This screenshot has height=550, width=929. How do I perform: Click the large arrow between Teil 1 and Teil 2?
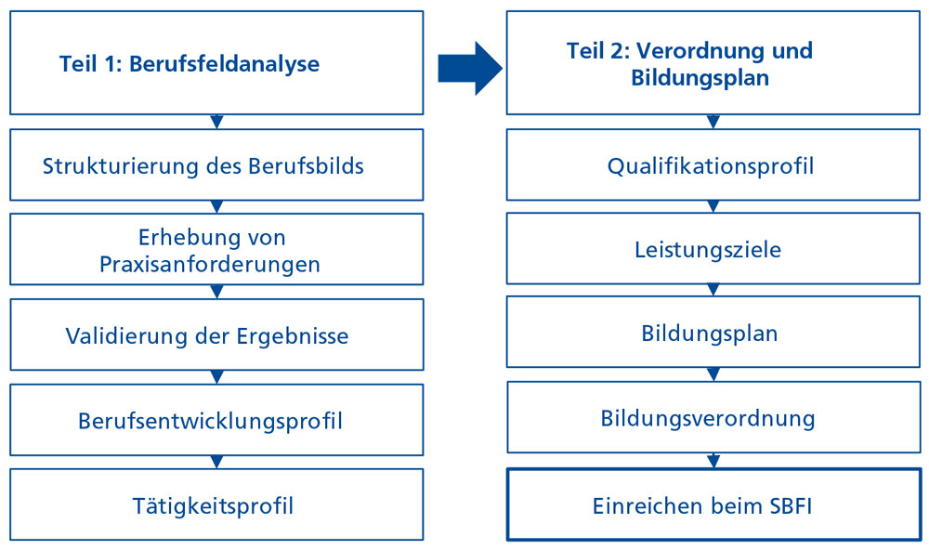pos(470,68)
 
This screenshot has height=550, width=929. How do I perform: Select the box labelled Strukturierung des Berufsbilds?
pos(216,164)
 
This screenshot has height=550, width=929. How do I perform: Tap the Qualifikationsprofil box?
pos(713,164)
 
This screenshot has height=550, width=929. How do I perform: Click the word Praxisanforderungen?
pos(210,265)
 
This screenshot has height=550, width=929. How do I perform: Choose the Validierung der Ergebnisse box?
pos(216,334)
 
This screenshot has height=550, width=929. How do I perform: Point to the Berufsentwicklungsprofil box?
pos(216,420)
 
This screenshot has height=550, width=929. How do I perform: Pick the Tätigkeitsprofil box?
pos(216,504)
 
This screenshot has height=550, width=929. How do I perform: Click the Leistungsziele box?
pos(713,249)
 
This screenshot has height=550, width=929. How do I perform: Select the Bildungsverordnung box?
pos(713,417)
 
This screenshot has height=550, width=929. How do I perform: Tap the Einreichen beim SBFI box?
pos(713,505)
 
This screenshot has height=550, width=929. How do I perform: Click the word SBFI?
pos(791,506)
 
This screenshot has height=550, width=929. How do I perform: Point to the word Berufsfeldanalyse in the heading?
pos(225,63)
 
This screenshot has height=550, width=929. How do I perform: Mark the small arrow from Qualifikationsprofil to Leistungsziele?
pos(713,207)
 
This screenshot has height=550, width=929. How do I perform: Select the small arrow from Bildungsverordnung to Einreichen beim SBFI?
pos(713,461)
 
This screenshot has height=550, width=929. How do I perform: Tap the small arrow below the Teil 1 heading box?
pos(216,122)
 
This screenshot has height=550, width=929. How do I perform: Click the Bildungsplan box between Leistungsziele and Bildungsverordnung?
pos(713,334)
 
